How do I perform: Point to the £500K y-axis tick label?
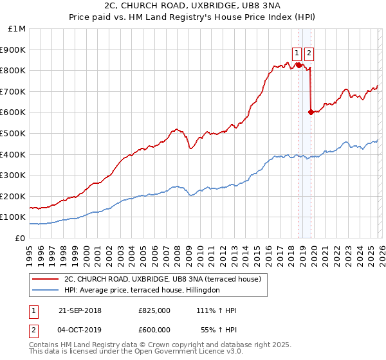pyautogui.click(x=13, y=133)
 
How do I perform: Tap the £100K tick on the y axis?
pyautogui.click(x=13, y=217)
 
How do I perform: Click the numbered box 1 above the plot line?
pyautogui.click(x=297, y=53)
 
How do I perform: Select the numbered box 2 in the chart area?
pyautogui.click(x=309, y=53)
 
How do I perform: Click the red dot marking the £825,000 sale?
pyautogui.click(x=299, y=65)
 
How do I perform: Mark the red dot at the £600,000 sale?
pyautogui.click(x=311, y=112)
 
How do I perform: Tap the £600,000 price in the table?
pyautogui.click(x=154, y=328)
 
